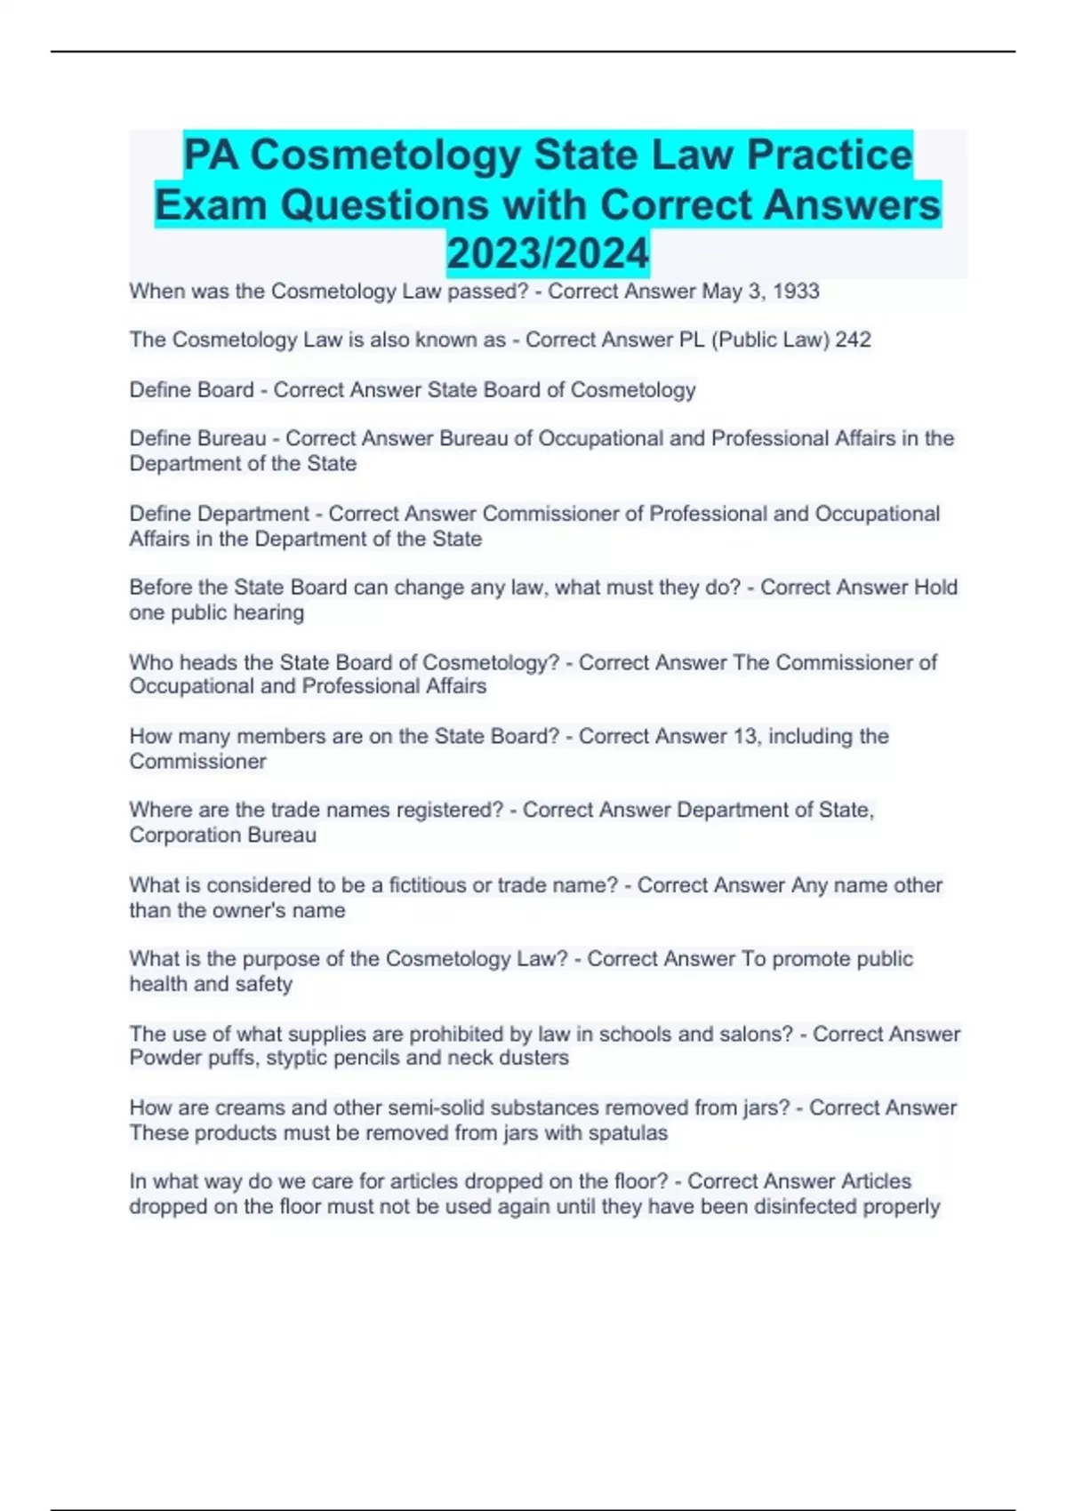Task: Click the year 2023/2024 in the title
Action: pyautogui.click(x=548, y=253)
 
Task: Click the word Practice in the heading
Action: pyautogui.click(x=829, y=155)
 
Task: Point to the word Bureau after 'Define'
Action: pyautogui.click(x=231, y=438)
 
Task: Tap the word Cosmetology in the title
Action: pyautogui.click(x=385, y=155)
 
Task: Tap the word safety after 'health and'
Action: pyautogui.click(x=263, y=984)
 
